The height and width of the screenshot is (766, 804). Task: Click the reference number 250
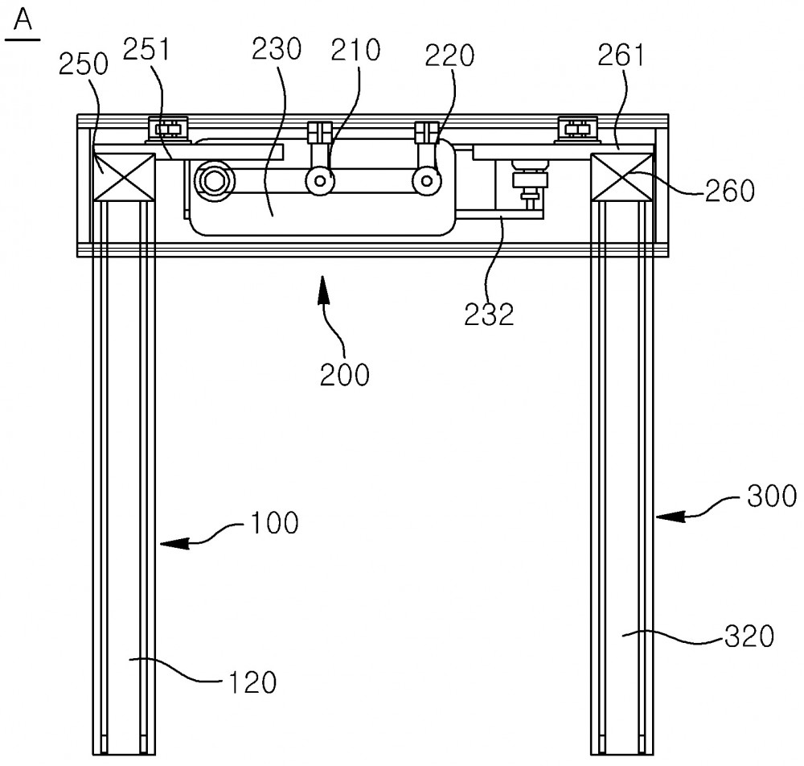tap(83, 64)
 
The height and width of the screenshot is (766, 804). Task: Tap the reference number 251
tap(146, 49)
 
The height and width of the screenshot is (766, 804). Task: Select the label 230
tap(277, 49)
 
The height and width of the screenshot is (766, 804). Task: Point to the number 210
tap(355, 50)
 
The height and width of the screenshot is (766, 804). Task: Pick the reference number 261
tap(621, 56)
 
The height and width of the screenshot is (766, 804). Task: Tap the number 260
tap(730, 191)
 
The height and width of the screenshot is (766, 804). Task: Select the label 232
tap(489, 314)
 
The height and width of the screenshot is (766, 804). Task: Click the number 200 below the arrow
tap(345, 374)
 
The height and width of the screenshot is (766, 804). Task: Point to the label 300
tap(772, 496)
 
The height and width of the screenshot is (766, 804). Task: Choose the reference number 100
tap(275, 523)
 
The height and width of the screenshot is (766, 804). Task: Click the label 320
tap(749, 636)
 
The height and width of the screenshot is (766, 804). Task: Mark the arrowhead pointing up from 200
tap(322, 289)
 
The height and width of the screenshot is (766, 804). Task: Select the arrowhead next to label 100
tap(174, 543)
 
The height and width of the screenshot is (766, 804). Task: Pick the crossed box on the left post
tap(124, 176)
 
